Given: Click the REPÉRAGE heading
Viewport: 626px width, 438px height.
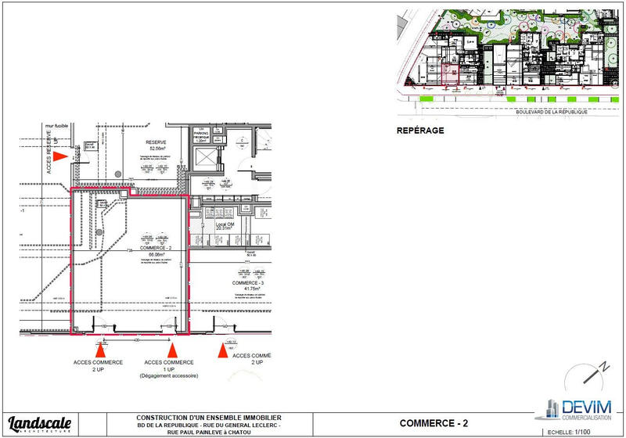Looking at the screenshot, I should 421,131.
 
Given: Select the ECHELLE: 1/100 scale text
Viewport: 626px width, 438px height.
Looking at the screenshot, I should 570,431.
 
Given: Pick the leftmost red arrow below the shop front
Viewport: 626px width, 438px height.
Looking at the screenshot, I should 99,350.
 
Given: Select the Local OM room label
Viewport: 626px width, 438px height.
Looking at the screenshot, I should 225,224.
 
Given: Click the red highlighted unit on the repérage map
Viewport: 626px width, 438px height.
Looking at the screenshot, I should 451,74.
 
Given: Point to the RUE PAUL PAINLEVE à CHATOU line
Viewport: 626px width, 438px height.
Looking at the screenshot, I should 209,431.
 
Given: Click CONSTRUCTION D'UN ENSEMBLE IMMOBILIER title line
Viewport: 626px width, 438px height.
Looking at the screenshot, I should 209,417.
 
